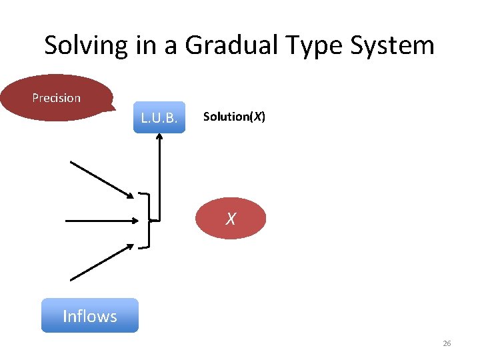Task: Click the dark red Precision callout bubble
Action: coord(57,98)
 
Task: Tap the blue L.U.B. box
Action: coord(159,118)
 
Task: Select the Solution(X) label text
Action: coord(234,117)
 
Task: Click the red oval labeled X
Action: coord(231,218)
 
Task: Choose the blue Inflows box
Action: coord(89,316)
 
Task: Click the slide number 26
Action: coord(447,343)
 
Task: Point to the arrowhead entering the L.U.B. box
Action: coord(159,137)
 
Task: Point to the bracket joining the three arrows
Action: coord(149,219)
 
